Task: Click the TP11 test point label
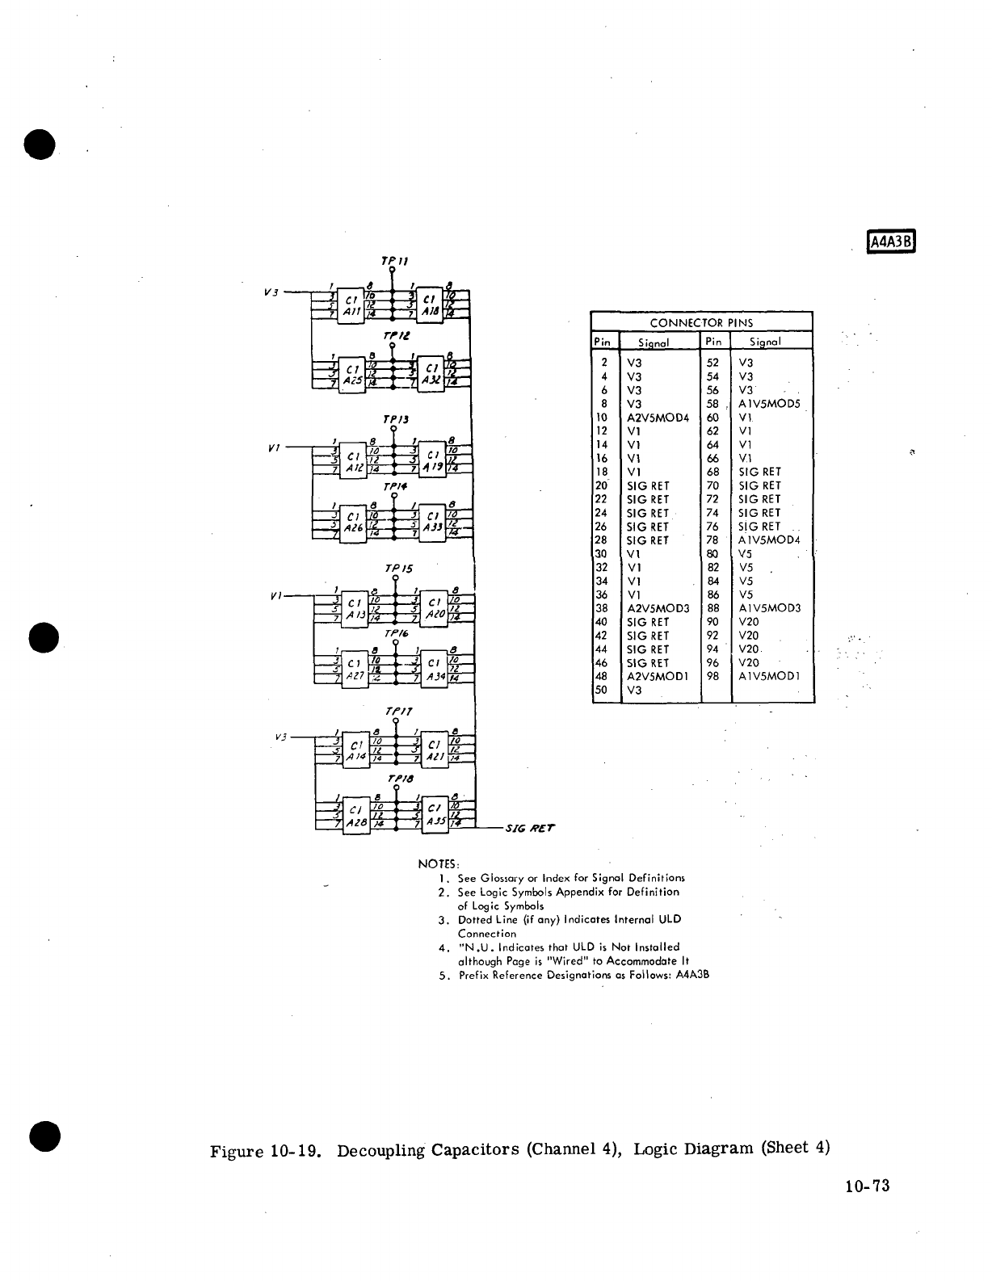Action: (x=394, y=262)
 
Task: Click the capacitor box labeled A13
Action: (x=354, y=608)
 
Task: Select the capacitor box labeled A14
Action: (x=355, y=750)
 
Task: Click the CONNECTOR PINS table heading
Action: (x=701, y=322)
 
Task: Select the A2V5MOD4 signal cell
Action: (x=658, y=418)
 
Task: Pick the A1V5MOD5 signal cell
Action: (x=769, y=404)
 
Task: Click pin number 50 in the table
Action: (x=601, y=690)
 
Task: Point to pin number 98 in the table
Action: (x=712, y=676)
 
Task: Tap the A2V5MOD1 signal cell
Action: (x=658, y=676)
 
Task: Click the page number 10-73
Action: (x=868, y=1186)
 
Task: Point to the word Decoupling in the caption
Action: (x=380, y=1150)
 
